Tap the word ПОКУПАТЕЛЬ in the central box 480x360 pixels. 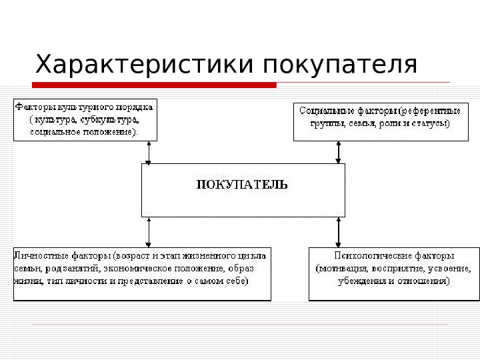coord(243,185)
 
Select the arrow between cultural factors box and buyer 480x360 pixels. coord(149,152)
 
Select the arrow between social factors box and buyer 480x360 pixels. coord(339,152)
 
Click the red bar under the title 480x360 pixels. coord(153,85)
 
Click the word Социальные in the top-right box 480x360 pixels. coord(322,110)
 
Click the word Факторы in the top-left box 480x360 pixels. coord(33,107)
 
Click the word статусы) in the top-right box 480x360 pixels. coord(433,123)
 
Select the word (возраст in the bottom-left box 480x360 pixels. coord(131,255)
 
